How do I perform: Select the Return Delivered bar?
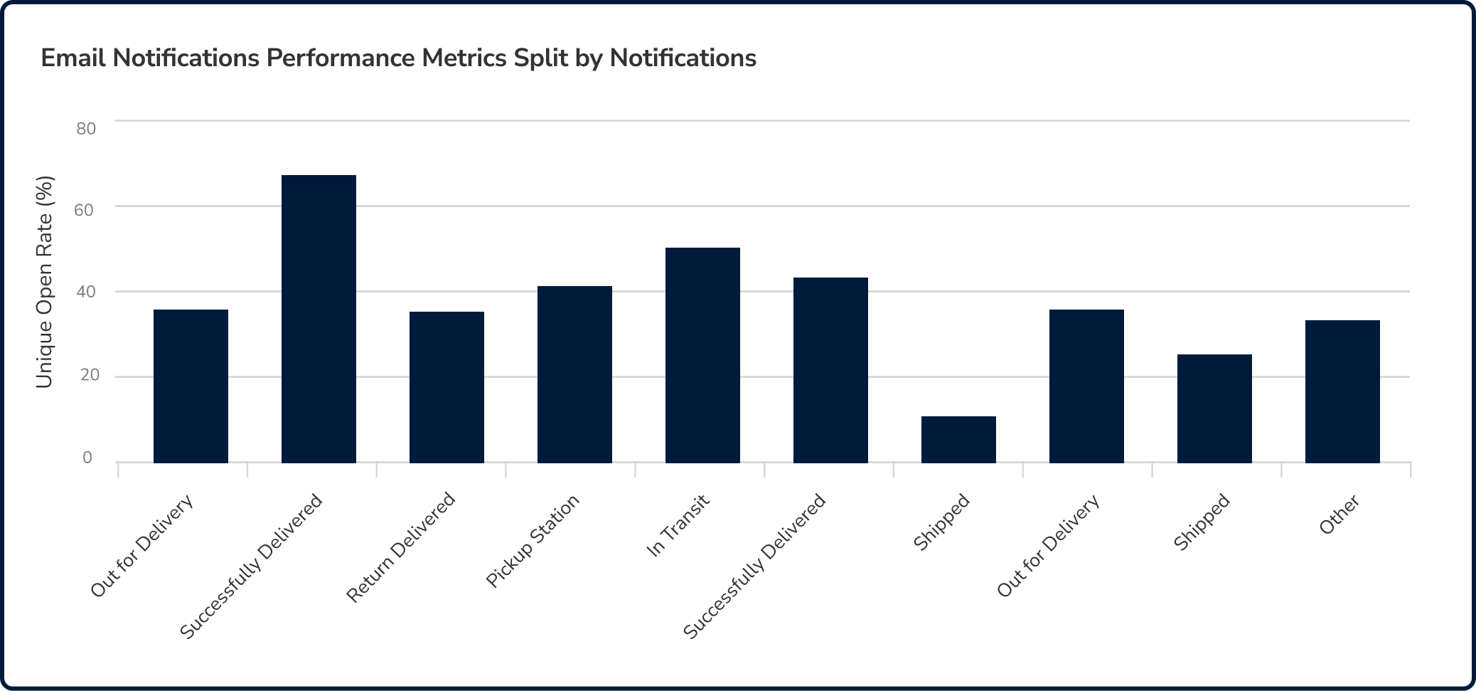click(446, 387)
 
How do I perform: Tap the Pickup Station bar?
click(574, 374)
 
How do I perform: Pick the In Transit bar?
click(702, 355)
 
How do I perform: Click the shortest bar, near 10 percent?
click(958, 440)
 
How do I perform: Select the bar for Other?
click(1342, 391)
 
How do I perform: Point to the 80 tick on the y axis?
click(86, 129)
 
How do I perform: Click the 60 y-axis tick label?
click(84, 211)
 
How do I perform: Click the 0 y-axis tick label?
click(87, 458)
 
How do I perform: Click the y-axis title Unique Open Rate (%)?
click(44, 282)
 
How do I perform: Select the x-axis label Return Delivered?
click(401, 547)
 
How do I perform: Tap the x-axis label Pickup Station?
click(533, 541)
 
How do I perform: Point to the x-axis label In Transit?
click(678, 526)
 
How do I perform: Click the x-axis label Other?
click(1339, 515)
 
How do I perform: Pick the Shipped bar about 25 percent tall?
click(1214, 408)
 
